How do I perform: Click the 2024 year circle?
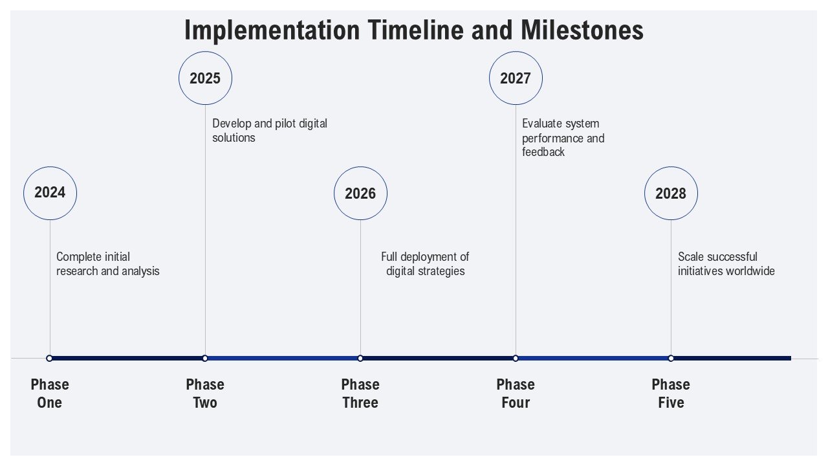(50, 194)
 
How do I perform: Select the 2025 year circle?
(206, 78)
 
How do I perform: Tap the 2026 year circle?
(361, 194)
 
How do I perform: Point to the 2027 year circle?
(516, 78)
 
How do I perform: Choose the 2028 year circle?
(671, 194)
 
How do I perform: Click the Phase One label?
(50, 394)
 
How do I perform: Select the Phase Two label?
(205, 394)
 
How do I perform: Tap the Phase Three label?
(360, 394)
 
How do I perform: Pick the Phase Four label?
(516, 394)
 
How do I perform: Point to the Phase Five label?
(671, 394)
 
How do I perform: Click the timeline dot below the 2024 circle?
(50, 359)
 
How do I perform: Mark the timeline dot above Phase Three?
(360, 359)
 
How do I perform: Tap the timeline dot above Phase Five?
(671, 359)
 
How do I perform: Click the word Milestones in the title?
(582, 30)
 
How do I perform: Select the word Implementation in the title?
(272, 30)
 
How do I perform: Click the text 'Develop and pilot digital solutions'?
(270, 131)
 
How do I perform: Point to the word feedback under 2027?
(543, 152)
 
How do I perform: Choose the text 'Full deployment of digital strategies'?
(425, 264)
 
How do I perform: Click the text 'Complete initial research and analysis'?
(108, 264)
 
